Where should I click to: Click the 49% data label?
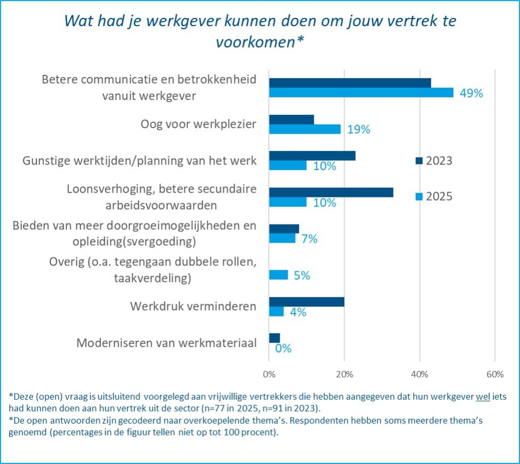pos(471,93)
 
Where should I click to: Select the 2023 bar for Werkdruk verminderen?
pos(306,302)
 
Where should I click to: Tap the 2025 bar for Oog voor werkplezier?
pos(305,129)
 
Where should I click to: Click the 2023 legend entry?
pos(434,161)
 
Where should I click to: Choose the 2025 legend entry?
pos(434,196)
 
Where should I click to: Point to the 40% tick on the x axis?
pos(420,374)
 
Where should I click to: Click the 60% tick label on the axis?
pos(495,374)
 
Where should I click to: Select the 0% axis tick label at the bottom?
pos(269,374)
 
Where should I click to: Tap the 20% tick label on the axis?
pos(344,374)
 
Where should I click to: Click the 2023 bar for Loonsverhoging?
pos(331,193)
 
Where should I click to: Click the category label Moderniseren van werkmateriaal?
pos(166,343)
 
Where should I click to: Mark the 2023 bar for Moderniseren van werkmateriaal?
pos(274,338)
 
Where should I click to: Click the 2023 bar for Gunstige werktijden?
pos(312,156)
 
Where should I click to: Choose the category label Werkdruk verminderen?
pos(193,307)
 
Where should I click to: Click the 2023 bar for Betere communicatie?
pos(350,82)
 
